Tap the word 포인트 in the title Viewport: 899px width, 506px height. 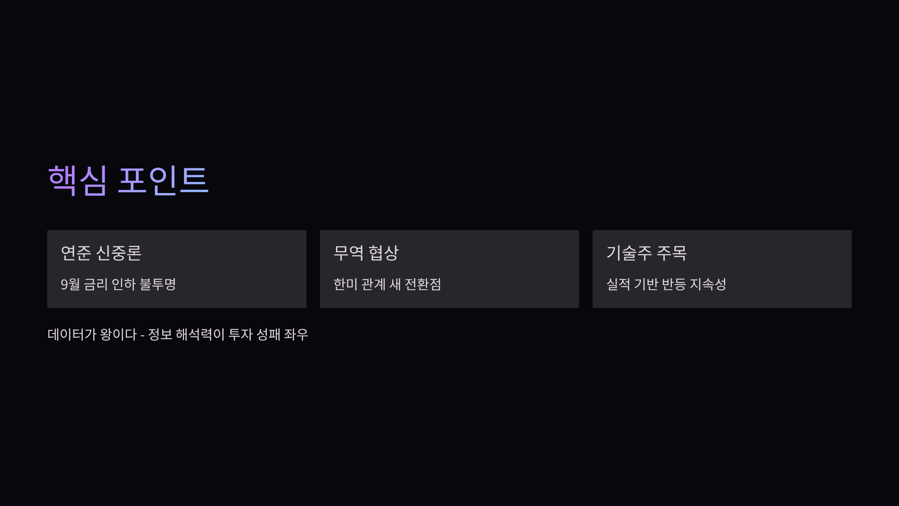(163, 180)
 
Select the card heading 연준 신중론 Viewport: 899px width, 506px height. (101, 253)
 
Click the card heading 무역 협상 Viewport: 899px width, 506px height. (366, 253)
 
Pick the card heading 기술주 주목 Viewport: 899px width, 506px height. (647, 253)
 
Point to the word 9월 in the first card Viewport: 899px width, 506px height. (70, 284)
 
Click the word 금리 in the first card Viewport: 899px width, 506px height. (96, 284)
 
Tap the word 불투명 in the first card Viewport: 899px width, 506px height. (158, 284)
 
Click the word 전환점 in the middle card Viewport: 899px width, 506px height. (423, 284)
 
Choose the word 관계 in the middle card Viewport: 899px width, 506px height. (373, 284)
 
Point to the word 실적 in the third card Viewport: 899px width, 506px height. (618, 284)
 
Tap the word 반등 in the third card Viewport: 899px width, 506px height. (674, 284)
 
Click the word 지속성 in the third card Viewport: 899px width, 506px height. (708, 284)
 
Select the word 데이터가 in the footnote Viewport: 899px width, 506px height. (72, 334)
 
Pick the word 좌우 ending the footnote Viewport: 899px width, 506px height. (296, 334)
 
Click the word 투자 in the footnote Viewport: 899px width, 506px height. (240, 334)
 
